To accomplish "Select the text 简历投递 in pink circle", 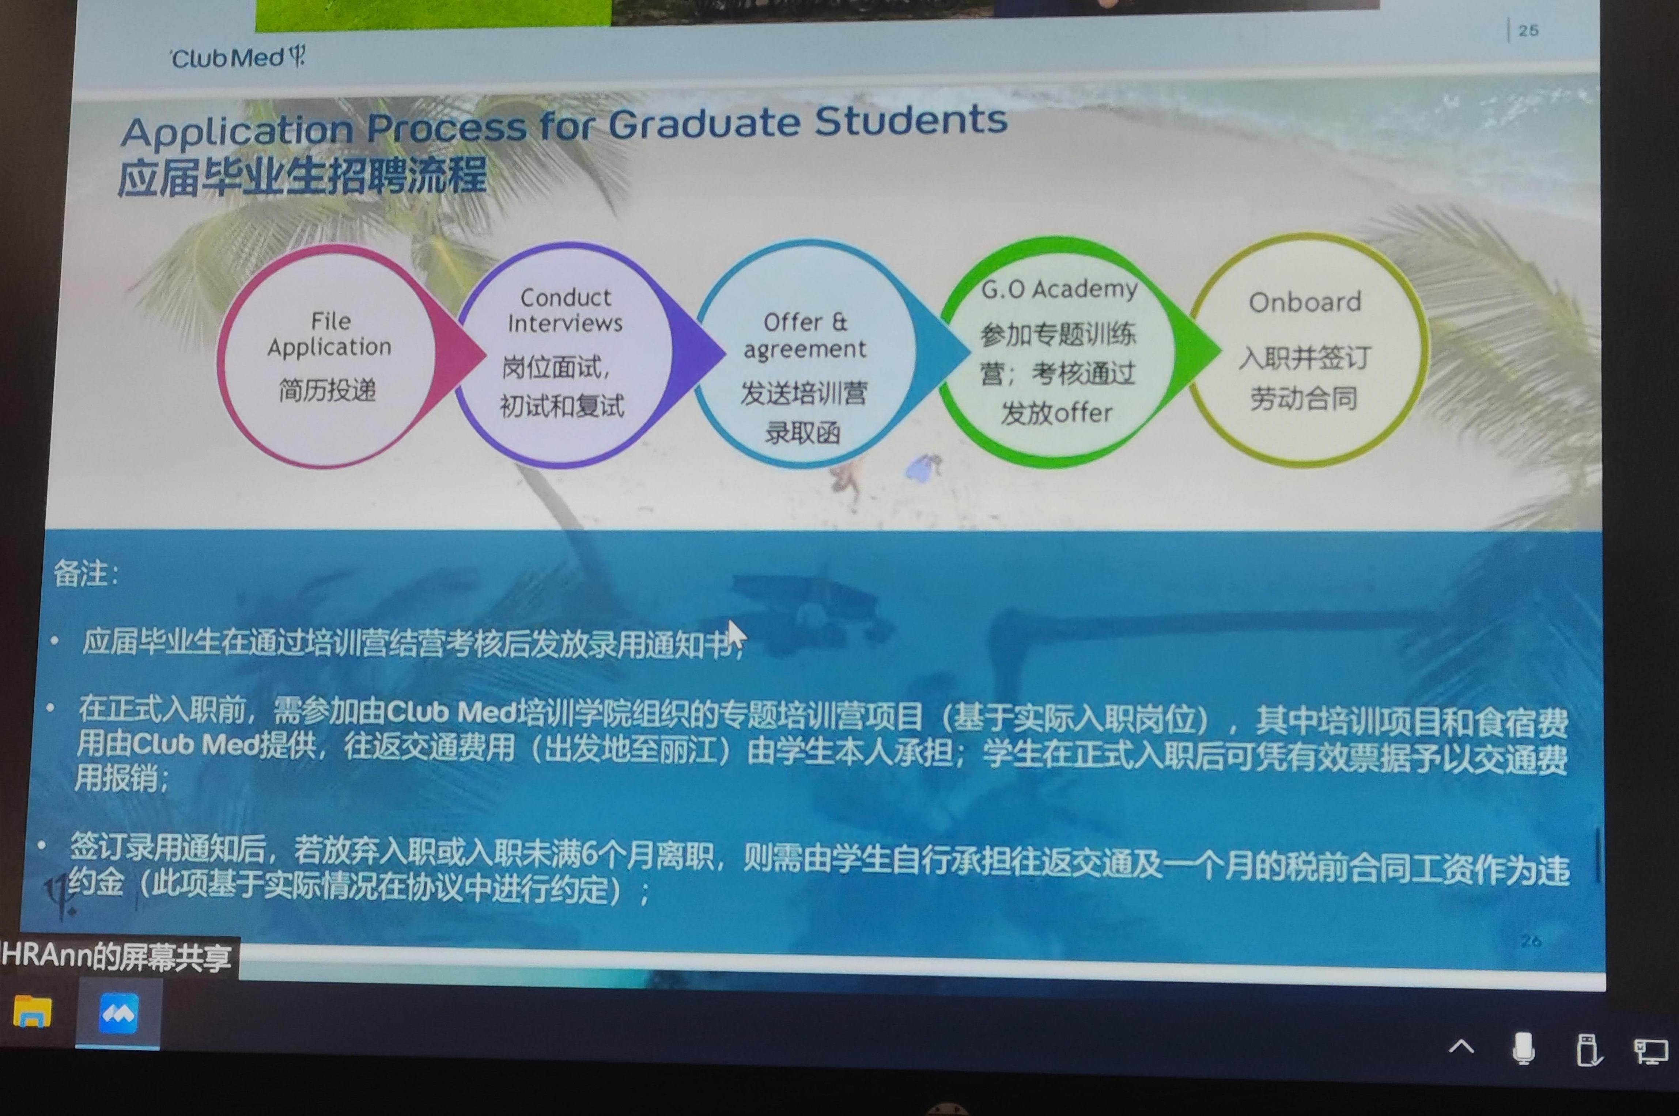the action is [x=328, y=390].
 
